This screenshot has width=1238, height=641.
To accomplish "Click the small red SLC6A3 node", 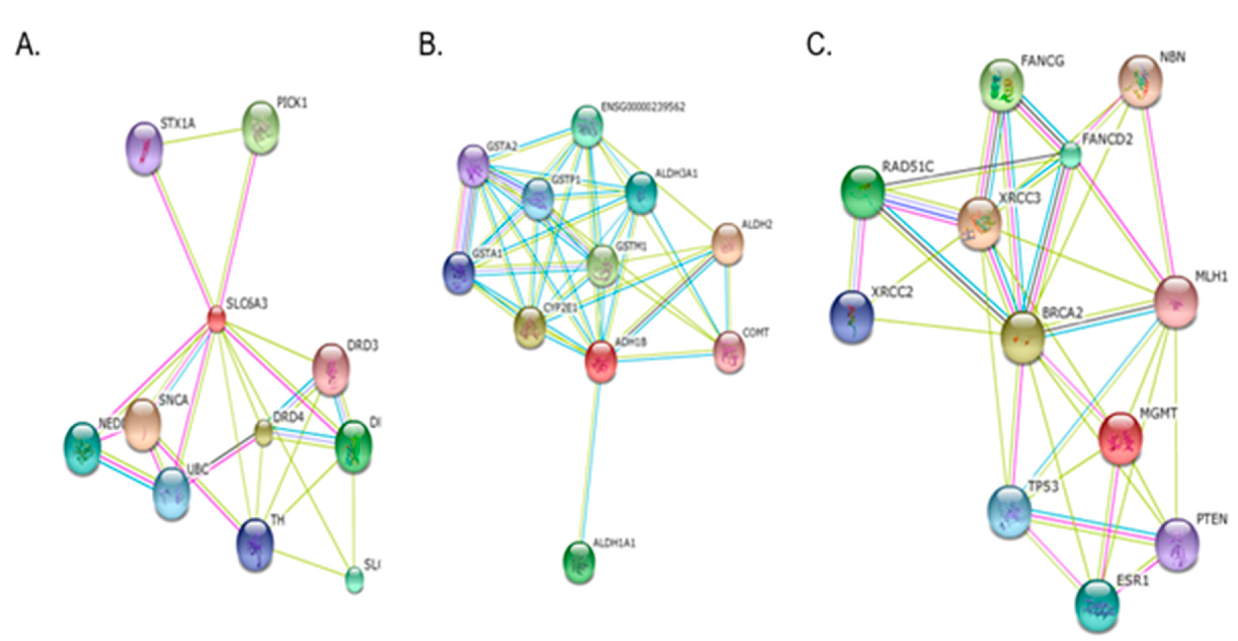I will coord(216,319).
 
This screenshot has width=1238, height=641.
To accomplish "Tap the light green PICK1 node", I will coord(261,127).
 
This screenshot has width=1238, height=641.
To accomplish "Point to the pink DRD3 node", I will coord(331,369).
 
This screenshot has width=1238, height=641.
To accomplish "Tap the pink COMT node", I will coord(730,352).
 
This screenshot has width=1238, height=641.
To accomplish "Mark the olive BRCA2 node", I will coord(1023,337).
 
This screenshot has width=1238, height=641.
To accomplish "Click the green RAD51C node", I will coord(863,192).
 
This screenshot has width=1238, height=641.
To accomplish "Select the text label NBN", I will coord(1173,58).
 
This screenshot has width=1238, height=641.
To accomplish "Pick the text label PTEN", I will coord(1212,519).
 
